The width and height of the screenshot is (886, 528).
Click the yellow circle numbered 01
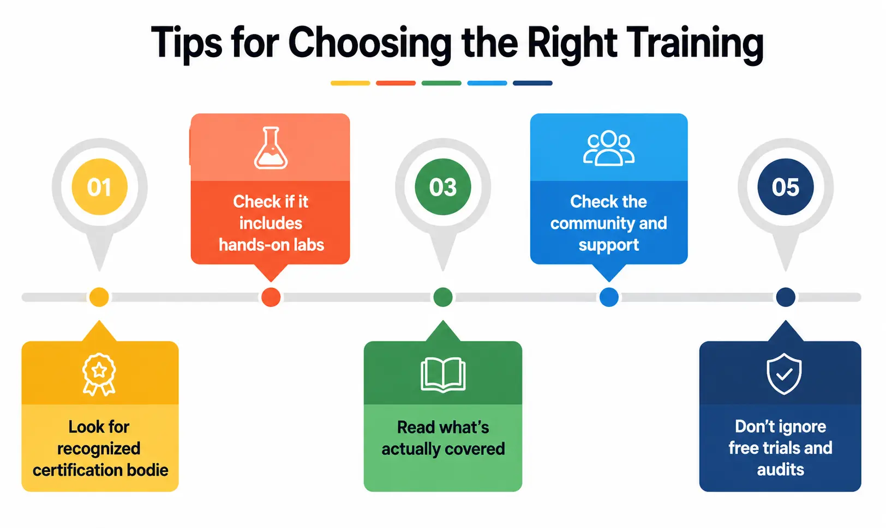point(99,187)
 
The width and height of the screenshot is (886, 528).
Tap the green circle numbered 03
point(442,187)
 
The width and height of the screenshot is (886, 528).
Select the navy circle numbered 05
point(786,187)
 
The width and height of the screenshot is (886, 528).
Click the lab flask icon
point(271,148)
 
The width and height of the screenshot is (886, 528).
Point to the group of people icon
point(609,148)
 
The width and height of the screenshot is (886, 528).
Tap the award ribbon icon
point(99,374)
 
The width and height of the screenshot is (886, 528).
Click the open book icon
point(443,375)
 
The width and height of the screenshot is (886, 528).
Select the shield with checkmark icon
point(784,374)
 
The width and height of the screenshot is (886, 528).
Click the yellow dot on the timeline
point(99,297)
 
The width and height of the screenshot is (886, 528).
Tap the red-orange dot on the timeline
point(271,297)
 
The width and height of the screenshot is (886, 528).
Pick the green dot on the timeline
point(443,297)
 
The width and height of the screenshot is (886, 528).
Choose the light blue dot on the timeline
point(609,297)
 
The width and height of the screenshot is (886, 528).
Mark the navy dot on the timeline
point(786,297)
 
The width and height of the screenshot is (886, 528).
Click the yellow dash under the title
point(350,83)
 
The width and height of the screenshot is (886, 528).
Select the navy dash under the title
point(533,83)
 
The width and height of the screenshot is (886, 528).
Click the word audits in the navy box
point(780,470)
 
